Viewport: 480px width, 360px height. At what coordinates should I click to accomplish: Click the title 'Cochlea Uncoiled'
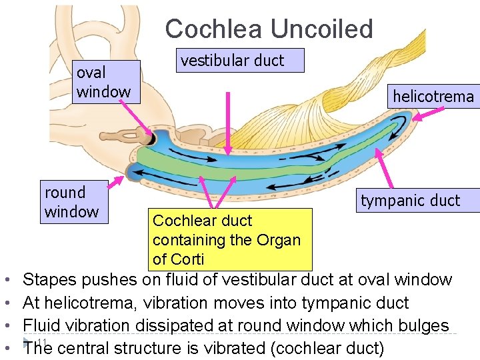click(269, 29)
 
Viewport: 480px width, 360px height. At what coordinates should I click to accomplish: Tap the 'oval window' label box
click(107, 82)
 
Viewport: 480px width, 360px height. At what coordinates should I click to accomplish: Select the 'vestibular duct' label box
click(241, 61)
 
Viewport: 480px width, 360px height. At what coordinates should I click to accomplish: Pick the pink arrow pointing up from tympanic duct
click(385, 169)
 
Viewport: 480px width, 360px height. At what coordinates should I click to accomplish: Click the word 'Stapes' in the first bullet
click(49, 280)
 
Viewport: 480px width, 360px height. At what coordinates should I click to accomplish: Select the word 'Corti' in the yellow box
click(188, 259)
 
